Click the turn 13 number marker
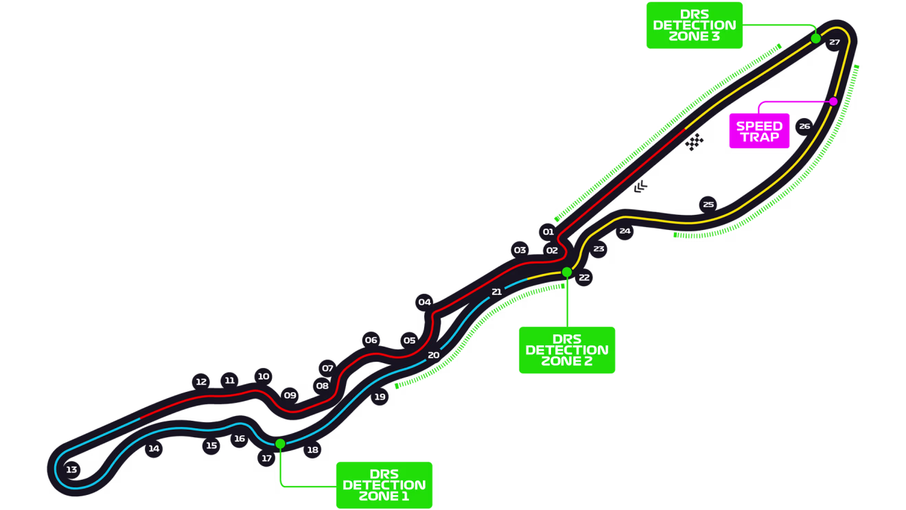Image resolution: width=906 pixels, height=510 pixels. point(71,470)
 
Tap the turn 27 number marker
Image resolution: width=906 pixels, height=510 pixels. point(834,43)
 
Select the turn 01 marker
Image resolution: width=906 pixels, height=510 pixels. point(548,231)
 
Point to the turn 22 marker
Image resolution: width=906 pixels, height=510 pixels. point(584,277)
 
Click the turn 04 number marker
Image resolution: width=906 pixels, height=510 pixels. point(425,302)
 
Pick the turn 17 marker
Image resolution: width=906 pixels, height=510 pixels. point(267,459)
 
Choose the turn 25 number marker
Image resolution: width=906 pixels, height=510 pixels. point(708,204)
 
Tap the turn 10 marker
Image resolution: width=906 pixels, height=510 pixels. point(264,376)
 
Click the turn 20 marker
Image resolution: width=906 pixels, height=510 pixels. point(433,355)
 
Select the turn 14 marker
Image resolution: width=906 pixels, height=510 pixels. point(154,449)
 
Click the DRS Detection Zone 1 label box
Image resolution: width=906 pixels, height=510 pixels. point(384,485)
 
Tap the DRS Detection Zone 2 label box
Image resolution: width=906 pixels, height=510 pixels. point(567,350)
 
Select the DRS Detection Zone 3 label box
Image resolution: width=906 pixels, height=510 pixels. point(695,25)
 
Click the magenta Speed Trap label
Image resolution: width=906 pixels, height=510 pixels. point(759,131)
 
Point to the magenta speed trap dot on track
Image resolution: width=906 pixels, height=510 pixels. point(833,102)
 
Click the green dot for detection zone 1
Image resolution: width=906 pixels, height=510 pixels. point(280,443)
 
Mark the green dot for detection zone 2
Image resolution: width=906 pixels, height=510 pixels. point(567,272)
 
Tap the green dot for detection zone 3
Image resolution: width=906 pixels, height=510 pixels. point(815,38)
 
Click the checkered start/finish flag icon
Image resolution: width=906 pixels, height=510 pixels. point(695,142)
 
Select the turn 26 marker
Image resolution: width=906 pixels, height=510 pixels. point(804,126)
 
